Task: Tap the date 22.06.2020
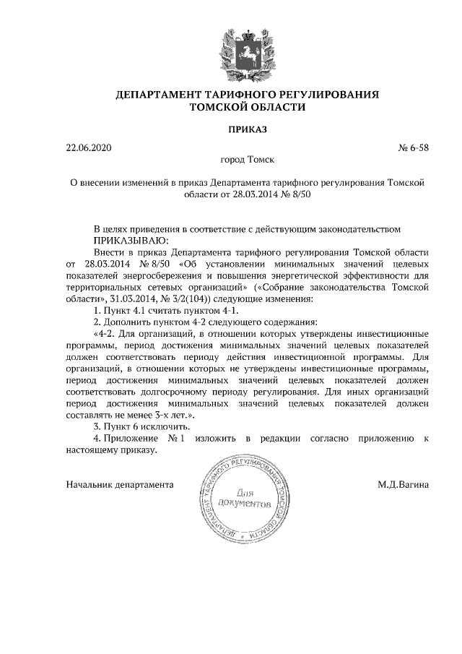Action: (x=90, y=147)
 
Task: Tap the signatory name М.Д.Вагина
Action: (x=402, y=483)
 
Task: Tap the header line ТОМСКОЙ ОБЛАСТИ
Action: (x=248, y=107)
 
